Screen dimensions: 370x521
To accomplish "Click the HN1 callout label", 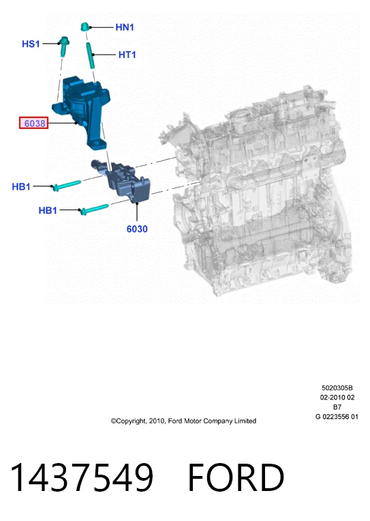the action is coord(125,27).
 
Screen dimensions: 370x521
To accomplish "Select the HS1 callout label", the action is coord(31,44).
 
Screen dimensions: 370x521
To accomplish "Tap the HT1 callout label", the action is coord(127,55).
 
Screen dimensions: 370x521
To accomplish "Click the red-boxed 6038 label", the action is coord(34,123).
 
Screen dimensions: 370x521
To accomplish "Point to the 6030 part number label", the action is coord(137,229).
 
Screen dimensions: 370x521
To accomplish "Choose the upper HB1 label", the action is coord(21,187).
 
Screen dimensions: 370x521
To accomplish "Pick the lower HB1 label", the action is coord(48,210).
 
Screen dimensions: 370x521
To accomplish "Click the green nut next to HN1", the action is coord(85,27).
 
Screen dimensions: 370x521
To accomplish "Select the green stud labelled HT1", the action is coord(91,55).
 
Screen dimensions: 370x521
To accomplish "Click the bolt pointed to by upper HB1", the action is coord(66,185).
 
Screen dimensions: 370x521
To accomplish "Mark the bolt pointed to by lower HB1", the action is coord(94,209).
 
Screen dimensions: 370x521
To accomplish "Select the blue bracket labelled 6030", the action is coord(123,181).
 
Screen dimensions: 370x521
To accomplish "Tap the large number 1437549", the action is coord(82,477).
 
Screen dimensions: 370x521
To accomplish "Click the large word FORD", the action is coord(236,477).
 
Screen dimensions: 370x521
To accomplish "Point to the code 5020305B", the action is coord(337,388).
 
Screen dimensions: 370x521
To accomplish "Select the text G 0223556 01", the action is coord(337,417).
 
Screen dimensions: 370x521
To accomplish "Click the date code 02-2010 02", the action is coord(337,398).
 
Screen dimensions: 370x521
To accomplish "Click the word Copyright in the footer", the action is coord(128,421).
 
